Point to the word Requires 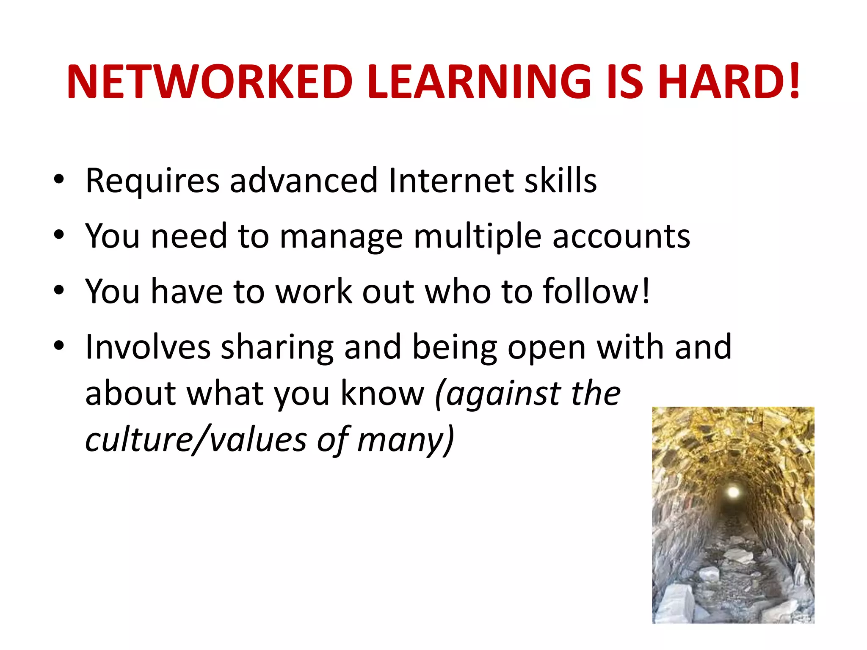[152, 181]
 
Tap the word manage [341, 237]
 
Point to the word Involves [148, 347]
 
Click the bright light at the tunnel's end [733, 491]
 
